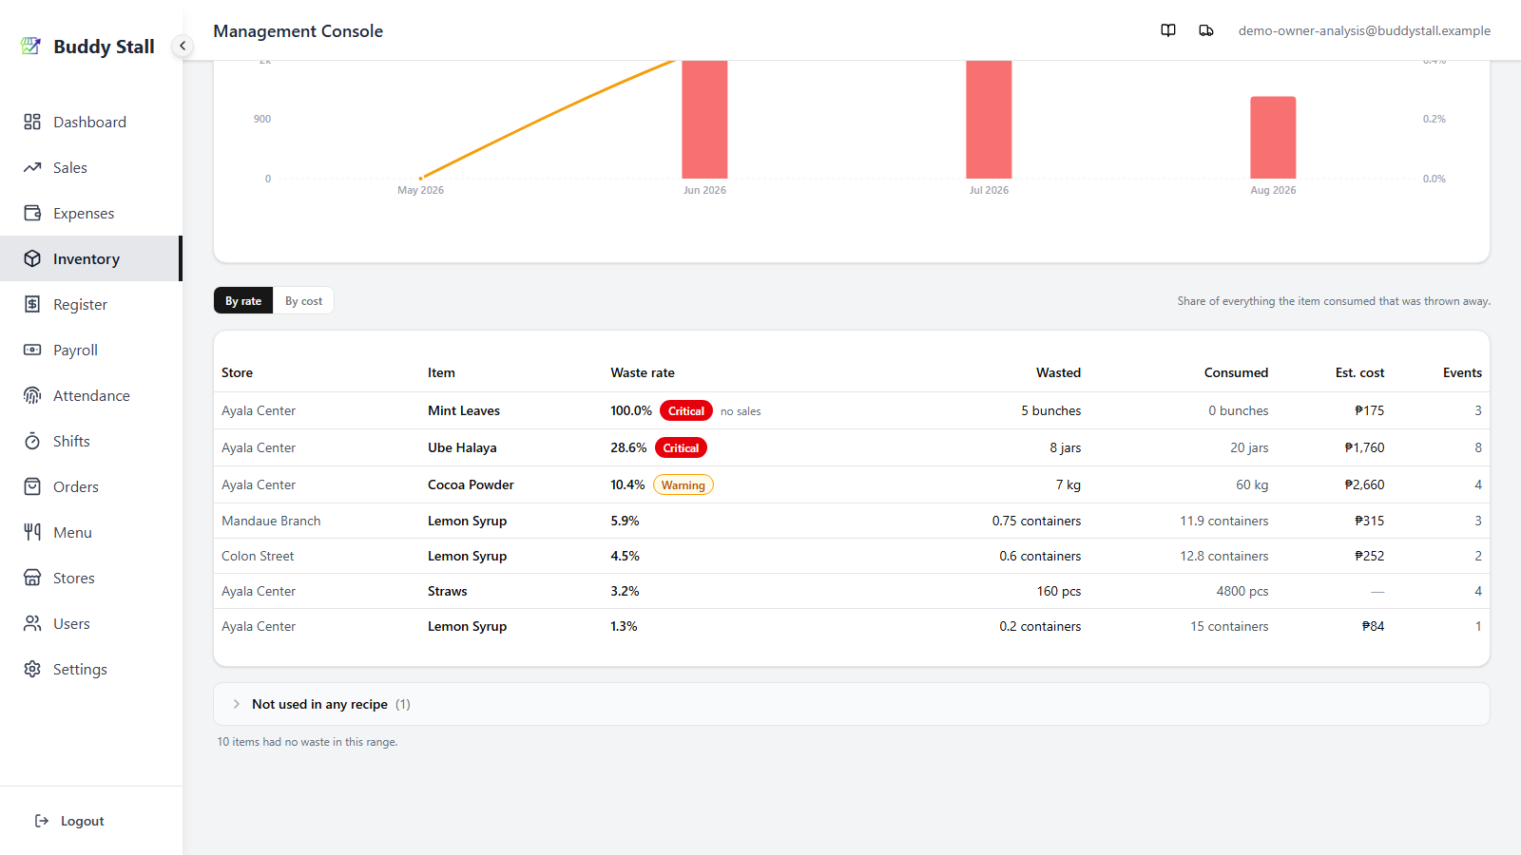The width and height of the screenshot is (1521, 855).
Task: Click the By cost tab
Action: coord(303,300)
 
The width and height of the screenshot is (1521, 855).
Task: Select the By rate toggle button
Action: coord(243,300)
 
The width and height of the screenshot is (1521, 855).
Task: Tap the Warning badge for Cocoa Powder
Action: coord(683,484)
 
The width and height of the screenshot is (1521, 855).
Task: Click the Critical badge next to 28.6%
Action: coord(681,447)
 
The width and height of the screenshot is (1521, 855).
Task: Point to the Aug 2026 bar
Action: coord(1273,137)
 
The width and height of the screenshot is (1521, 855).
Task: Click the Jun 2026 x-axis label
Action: coord(704,190)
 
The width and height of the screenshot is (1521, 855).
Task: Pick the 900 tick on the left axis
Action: coord(262,119)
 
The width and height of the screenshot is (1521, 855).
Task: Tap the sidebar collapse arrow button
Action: coord(182,47)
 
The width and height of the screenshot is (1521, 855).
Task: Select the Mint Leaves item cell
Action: coord(464,410)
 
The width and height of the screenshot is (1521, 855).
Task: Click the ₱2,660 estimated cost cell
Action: coord(1364,484)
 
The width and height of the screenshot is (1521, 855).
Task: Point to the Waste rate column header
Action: coord(643,372)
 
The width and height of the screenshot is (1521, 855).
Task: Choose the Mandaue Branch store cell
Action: coord(271,521)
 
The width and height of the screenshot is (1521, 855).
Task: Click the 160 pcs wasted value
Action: coord(1059,591)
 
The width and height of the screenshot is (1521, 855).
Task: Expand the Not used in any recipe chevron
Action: coord(237,704)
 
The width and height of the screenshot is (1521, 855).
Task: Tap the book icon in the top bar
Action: coord(1168,30)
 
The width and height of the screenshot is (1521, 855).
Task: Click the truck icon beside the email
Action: coord(1206,30)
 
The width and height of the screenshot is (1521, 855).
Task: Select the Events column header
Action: coord(1462,372)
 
